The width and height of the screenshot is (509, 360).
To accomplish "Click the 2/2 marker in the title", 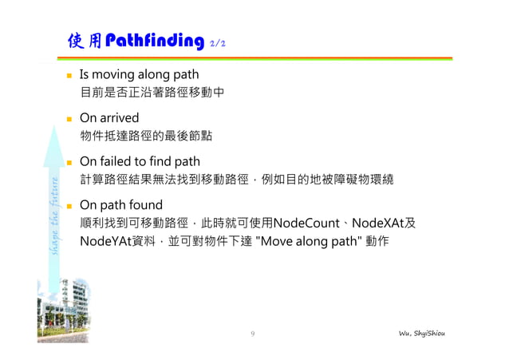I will (x=217, y=43).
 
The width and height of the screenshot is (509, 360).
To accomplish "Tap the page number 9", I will (x=252, y=333).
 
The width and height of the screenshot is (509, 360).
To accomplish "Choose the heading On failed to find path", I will (x=140, y=161).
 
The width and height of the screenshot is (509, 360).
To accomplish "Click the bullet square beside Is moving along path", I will (x=69, y=76).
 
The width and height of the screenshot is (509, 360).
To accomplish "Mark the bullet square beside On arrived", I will (x=69, y=119).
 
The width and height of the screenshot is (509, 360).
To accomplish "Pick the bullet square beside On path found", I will (x=69, y=205).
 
